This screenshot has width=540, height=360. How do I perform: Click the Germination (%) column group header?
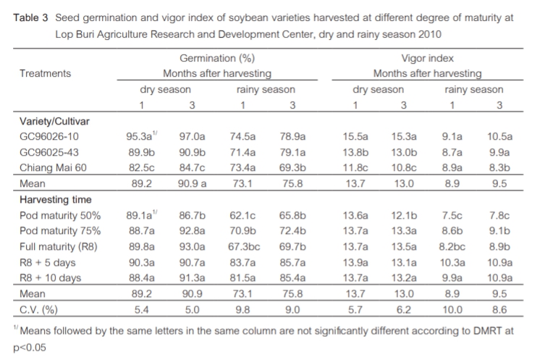click(x=216, y=58)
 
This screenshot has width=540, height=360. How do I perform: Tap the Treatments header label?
click(x=45, y=73)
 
